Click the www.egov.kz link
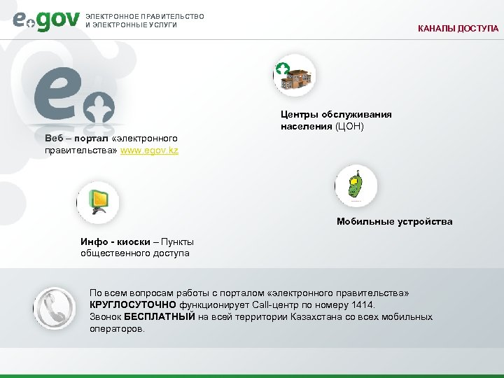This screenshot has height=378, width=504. point(149,150)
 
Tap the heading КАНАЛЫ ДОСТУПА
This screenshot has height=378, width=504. point(458,29)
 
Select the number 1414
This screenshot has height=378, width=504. point(363,306)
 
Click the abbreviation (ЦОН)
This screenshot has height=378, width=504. point(349,127)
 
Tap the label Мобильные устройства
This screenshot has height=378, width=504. point(394,222)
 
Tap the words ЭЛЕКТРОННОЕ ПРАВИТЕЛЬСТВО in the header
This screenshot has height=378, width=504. point(144,16)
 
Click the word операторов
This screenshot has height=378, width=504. point(117,328)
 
